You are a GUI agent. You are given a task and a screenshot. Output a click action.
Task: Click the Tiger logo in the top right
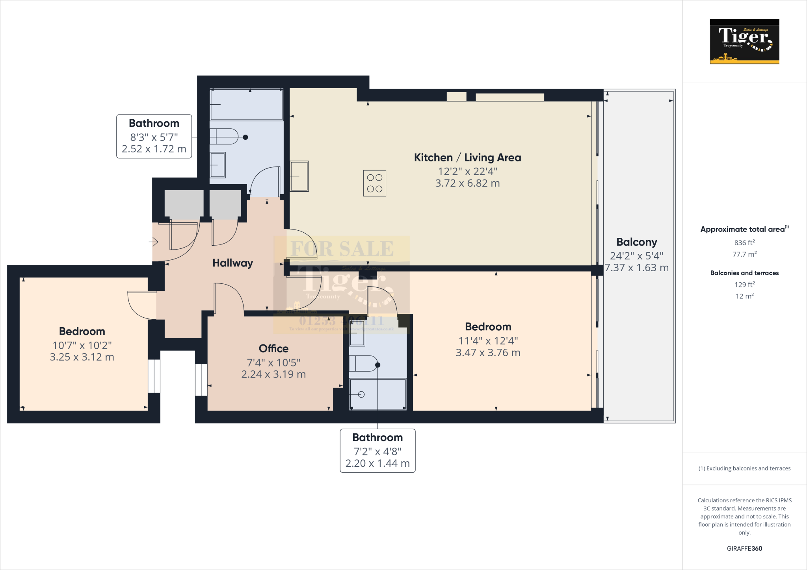pyautogui.click(x=744, y=41)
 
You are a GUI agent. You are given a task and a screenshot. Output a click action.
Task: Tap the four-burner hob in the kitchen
pyautogui.click(x=374, y=183)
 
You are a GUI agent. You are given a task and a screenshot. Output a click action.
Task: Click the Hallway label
pyautogui.click(x=232, y=263)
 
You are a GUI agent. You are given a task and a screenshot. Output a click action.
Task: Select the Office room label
pyautogui.click(x=273, y=348)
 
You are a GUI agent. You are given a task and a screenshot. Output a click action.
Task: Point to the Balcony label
pyautogui.click(x=636, y=242)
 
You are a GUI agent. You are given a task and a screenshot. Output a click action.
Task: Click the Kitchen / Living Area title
pyautogui.click(x=467, y=157)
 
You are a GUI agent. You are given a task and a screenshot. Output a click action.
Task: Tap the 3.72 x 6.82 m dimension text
pyautogui.click(x=467, y=183)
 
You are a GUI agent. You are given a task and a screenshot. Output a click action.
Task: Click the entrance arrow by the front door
pyautogui.click(x=154, y=242)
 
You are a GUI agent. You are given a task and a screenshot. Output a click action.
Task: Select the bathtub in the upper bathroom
pyautogui.click(x=247, y=105)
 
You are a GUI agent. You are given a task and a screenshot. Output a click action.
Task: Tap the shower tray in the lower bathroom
pyautogui.click(x=377, y=394)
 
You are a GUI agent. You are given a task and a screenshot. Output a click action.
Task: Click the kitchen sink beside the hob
pyautogui.click(x=299, y=176)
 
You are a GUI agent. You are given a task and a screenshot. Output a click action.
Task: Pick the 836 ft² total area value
pyautogui.click(x=744, y=243)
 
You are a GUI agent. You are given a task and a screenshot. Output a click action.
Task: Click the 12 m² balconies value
pyautogui.click(x=744, y=296)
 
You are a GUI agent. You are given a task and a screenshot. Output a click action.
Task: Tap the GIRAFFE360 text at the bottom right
pyautogui.click(x=744, y=548)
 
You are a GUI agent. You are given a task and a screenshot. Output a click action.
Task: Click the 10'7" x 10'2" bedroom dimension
pyautogui.click(x=82, y=345)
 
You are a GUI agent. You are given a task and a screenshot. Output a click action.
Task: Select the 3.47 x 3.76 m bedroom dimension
pyautogui.click(x=488, y=353)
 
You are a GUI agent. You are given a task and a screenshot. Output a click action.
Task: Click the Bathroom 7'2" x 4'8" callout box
pyautogui.click(x=377, y=451)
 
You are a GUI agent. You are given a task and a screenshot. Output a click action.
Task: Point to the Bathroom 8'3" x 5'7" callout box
pyautogui.click(x=154, y=137)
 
